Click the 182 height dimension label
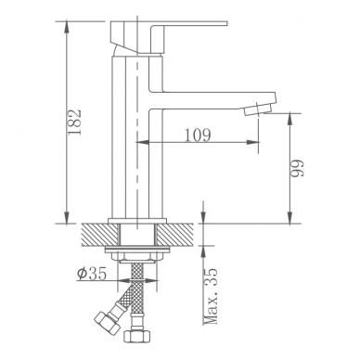pyautogui.click(x=74, y=122)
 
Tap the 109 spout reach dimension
pyautogui.click(x=198, y=135)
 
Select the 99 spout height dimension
pyautogui.click(x=298, y=168)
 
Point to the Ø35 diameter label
pyautogui.click(x=92, y=274)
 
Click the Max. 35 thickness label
pyautogui.click(x=211, y=296)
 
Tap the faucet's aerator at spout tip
pyautogui.click(x=258, y=110)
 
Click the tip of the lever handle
pyautogui.click(x=226, y=23)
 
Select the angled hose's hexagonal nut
pyautogui.click(x=106, y=323)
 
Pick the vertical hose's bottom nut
pyautogui.click(x=137, y=336)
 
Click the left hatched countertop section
pyautogui.click(x=100, y=235)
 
